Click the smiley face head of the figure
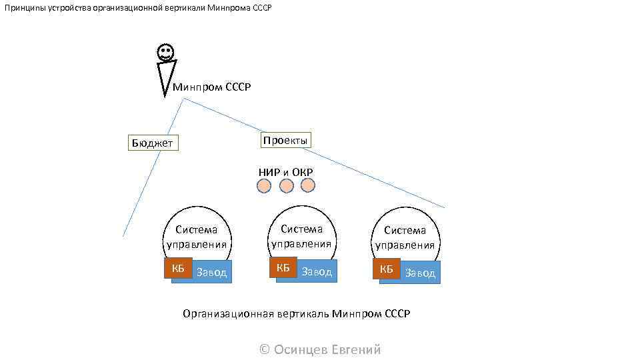165,52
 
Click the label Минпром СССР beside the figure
211,87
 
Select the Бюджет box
153,143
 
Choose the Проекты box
285,140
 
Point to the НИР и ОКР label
285,172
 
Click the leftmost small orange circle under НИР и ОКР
264,186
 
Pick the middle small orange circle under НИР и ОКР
286,186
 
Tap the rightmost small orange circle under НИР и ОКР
307,185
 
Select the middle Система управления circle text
301,236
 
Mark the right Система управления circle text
405,237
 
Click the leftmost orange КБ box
178,268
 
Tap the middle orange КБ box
283,267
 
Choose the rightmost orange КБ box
387,269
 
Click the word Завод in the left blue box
212,272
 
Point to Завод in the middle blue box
317,271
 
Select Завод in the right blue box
420,273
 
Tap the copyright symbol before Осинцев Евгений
265,349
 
